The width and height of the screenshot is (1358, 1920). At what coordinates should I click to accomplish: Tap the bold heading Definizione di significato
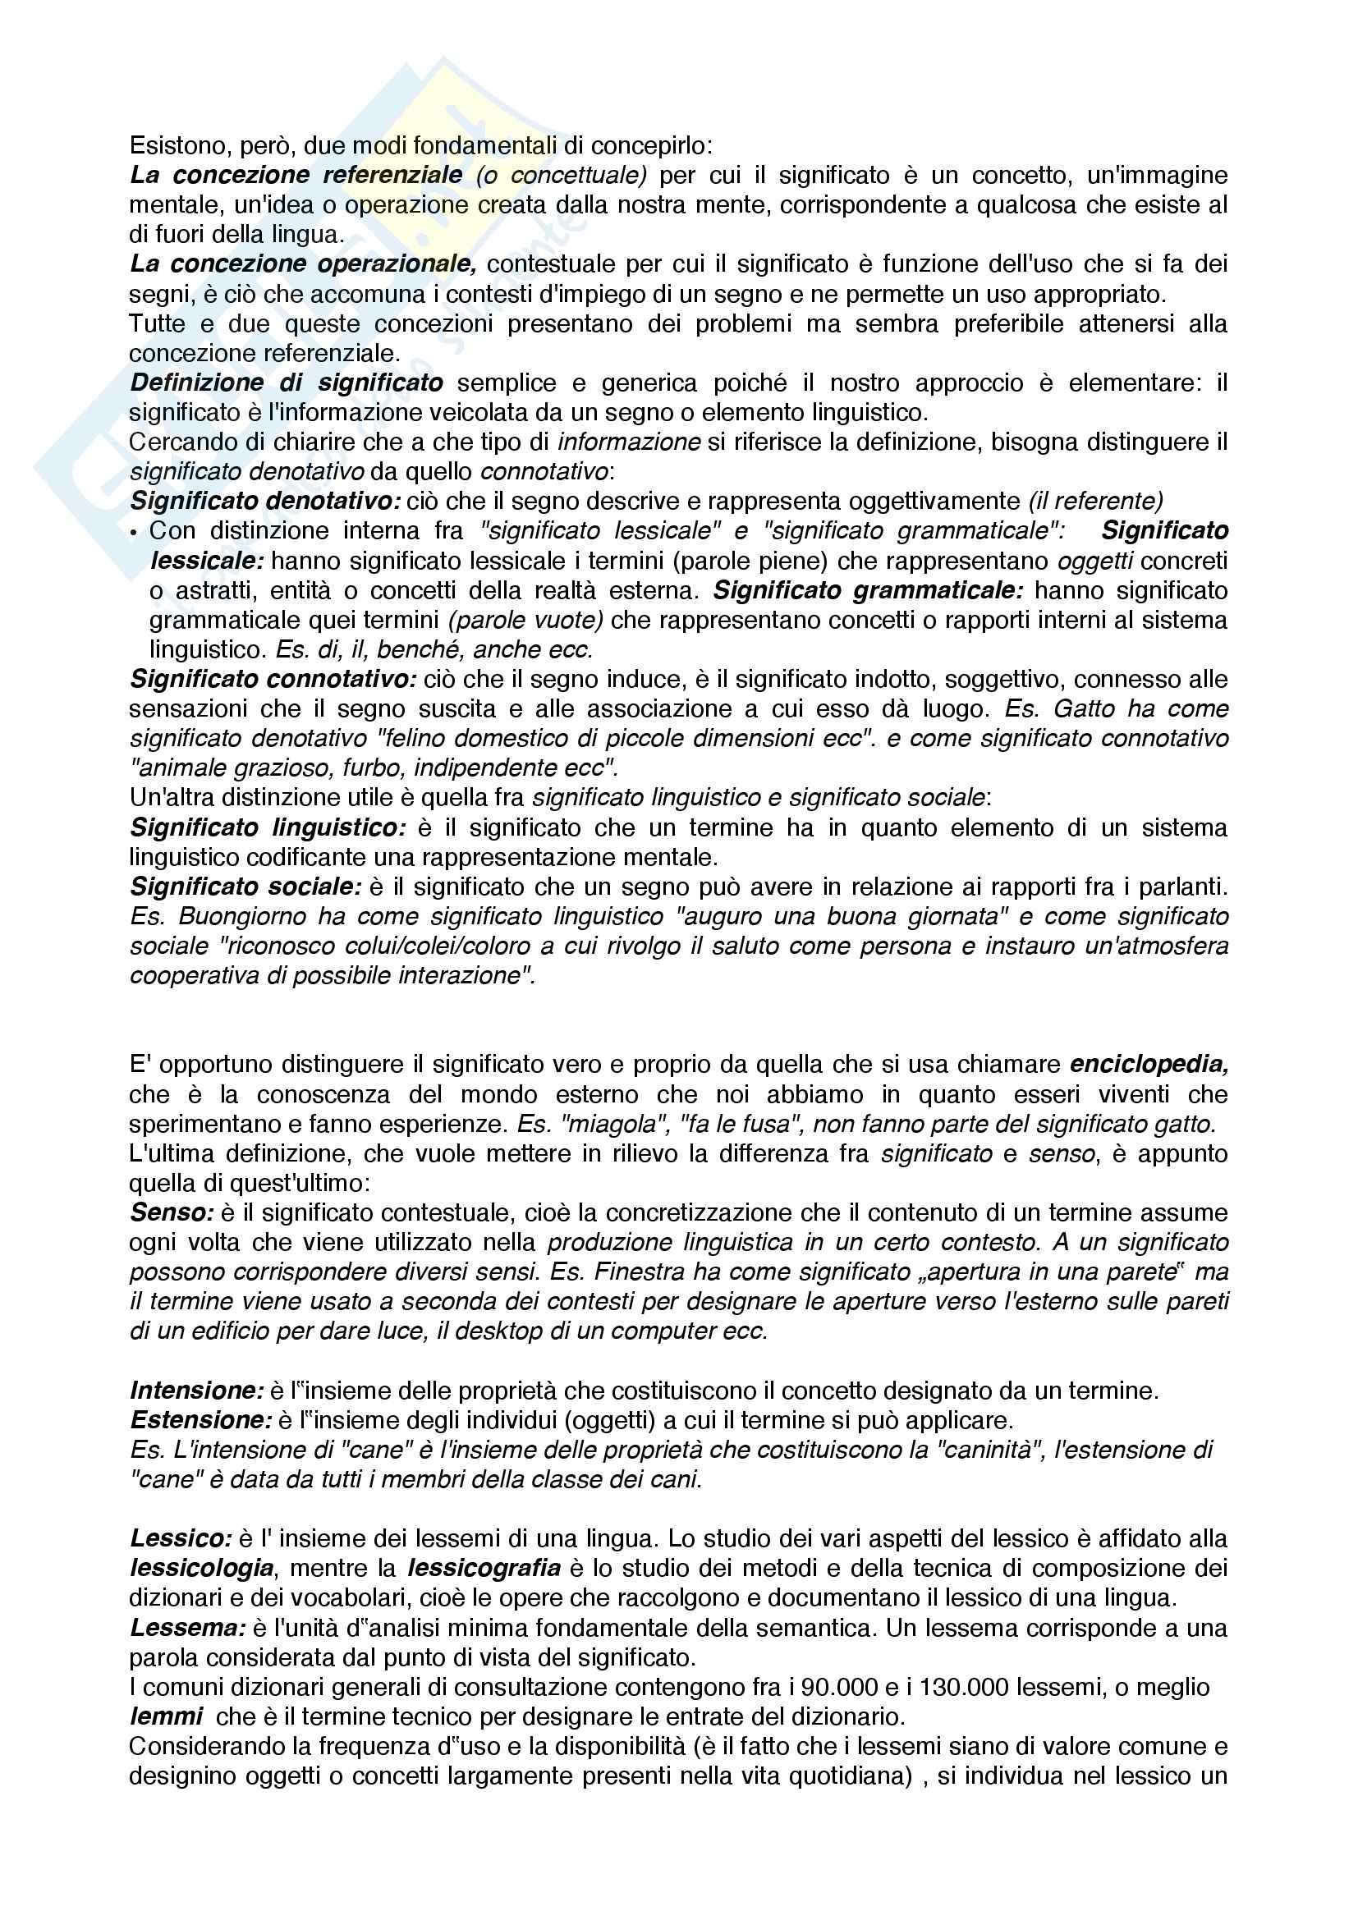[286, 383]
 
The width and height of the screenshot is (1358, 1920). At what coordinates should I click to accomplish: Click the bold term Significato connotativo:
[273, 680]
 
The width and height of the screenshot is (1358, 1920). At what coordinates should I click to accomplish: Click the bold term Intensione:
[197, 1391]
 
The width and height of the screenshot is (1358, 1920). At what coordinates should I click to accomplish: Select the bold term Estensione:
[200, 1421]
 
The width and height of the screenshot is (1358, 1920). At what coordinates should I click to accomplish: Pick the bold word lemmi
[167, 1717]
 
